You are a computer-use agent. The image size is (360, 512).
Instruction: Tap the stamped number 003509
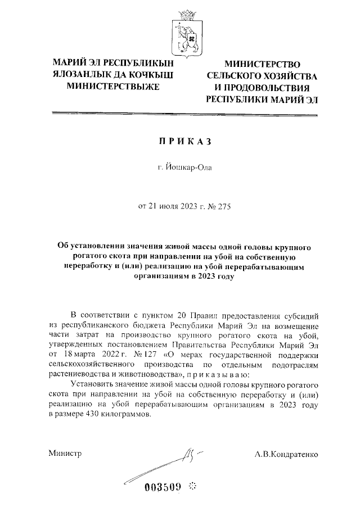(164, 487)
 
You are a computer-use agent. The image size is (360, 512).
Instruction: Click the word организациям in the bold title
(160, 277)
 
